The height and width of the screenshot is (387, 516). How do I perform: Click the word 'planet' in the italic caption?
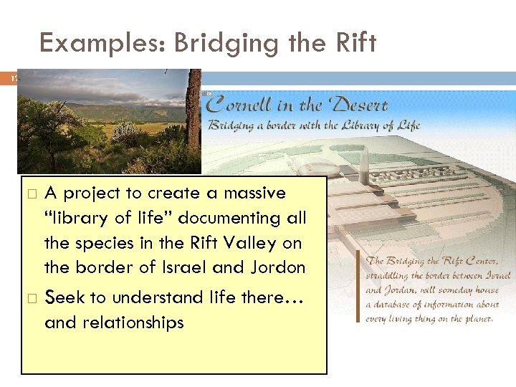click(475, 319)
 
